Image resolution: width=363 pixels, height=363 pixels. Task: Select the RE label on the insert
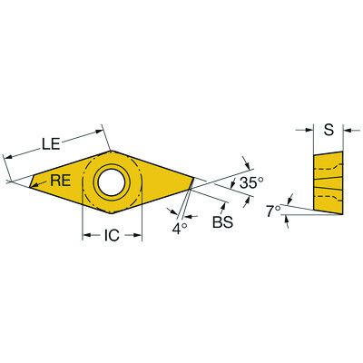(x=60, y=180)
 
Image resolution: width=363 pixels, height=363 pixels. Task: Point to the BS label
(x=221, y=221)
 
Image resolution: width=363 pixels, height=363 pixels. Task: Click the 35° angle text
(x=250, y=183)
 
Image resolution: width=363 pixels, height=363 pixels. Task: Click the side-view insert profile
(x=327, y=181)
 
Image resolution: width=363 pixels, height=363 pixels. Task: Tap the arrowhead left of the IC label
(x=88, y=237)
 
